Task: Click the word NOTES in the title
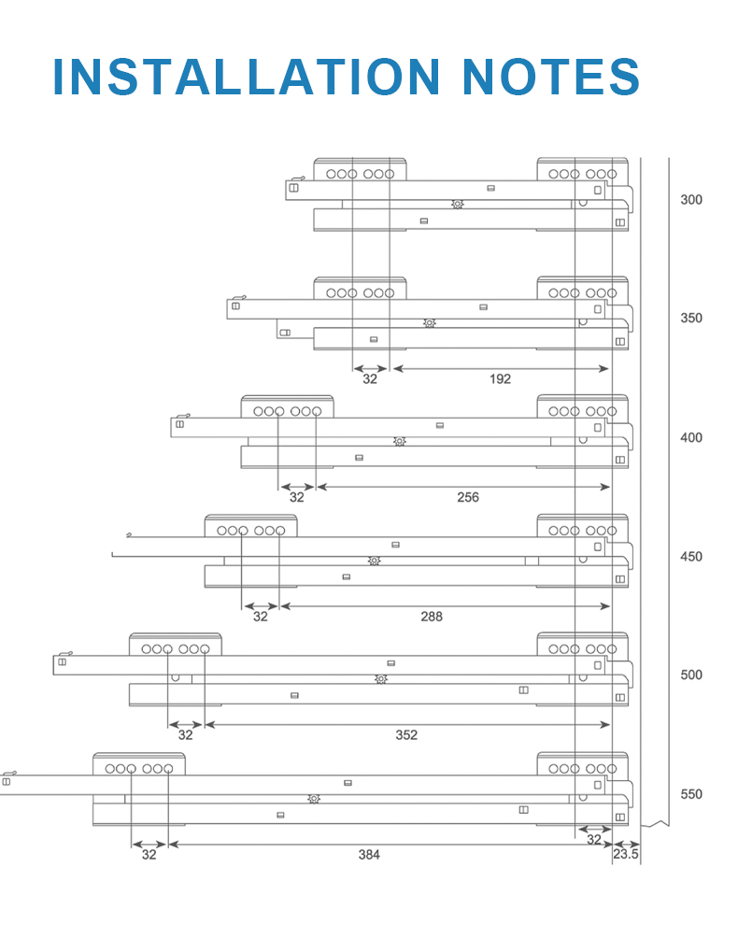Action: tap(551, 77)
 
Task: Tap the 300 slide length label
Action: tap(691, 200)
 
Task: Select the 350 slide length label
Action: tap(691, 318)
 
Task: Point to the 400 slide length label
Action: tap(691, 437)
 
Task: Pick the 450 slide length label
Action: tap(691, 556)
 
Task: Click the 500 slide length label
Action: tap(691, 675)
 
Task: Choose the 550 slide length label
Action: tap(691, 794)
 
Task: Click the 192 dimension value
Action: tap(500, 378)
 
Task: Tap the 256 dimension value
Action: tap(468, 497)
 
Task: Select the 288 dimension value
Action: tap(432, 617)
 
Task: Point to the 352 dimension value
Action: tap(406, 734)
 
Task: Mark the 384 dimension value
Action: tap(369, 855)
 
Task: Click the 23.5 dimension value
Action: tap(626, 854)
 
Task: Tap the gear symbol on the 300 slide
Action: tap(458, 204)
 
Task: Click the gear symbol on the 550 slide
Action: tap(314, 799)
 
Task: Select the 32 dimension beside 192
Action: tap(370, 378)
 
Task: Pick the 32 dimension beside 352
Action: tap(185, 734)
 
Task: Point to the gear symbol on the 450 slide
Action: tap(374, 561)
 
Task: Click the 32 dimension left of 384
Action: tap(149, 855)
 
